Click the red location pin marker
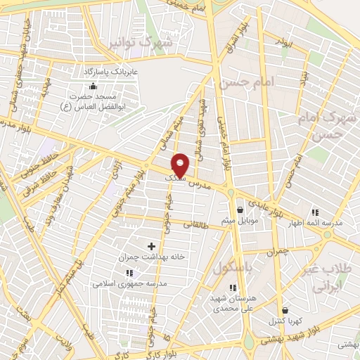coord(181,165)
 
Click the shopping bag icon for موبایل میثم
coord(240,210)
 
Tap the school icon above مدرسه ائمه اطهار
coord(315,212)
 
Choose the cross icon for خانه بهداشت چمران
coord(151,245)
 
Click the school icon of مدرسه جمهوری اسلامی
coord(127,273)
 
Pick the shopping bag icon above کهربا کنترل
coord(285,310)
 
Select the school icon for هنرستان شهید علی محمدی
coord(232,287)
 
